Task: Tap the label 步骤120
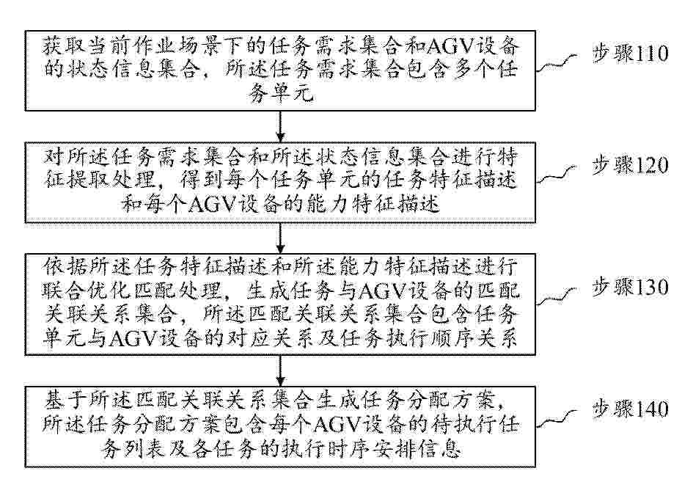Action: point(630,166)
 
